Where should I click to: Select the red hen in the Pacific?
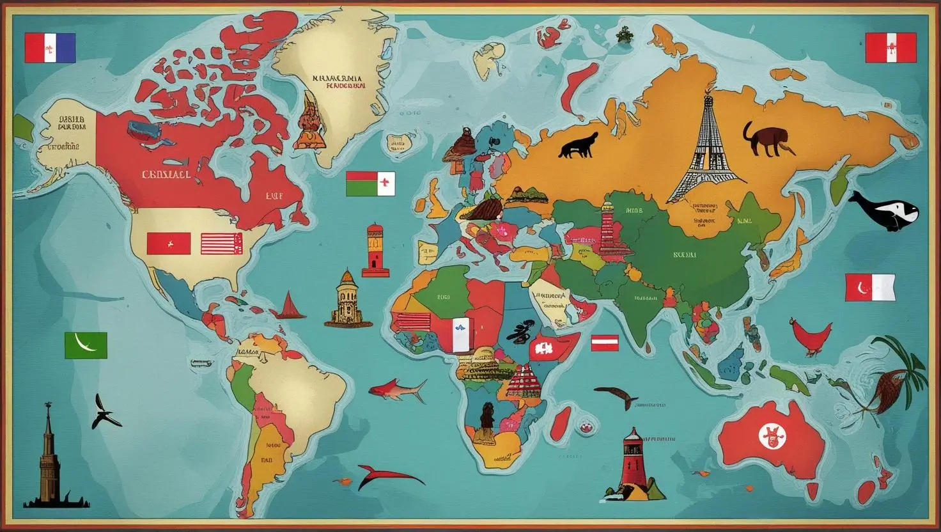(x=811, y=336)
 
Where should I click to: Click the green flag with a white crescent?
(x=86, y=345)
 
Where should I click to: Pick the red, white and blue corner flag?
(x=50, y=48)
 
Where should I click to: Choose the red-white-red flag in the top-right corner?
(x=890, y=48)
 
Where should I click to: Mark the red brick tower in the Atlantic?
(x=375, y=250)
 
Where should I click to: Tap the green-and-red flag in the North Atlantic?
(x=370, y=184)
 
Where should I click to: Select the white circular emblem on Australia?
(x=772, y=437)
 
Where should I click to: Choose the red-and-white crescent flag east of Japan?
(x=869, y=288)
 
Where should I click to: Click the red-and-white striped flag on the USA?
(x=221, y=244)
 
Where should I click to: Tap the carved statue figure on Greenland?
(x=309, y=121)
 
